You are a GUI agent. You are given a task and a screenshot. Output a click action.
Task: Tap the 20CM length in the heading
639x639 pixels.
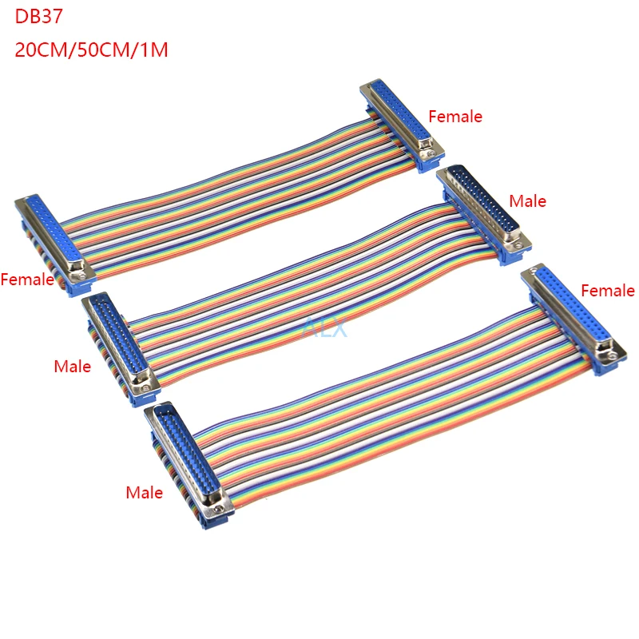click(x=41, y=49)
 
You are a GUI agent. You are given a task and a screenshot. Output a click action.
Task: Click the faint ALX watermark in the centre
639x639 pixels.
click(x=324, y=326)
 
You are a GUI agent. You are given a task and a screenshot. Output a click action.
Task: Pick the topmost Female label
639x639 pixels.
click(x=455, y=117)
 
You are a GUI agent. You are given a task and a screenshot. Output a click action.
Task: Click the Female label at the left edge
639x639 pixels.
click(x=27, y=280)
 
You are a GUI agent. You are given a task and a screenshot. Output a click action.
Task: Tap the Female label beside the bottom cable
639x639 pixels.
click(x=607, y=291)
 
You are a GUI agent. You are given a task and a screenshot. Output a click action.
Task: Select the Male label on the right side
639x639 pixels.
click(x=527, y=201)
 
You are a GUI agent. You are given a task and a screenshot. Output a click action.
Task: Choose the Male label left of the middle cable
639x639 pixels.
click(x=72, y=367)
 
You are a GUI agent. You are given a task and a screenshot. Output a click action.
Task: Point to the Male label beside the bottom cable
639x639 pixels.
click(x=144, y=493)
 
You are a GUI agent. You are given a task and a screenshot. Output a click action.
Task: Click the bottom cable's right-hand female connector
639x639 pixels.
click(x=572, y=316)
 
